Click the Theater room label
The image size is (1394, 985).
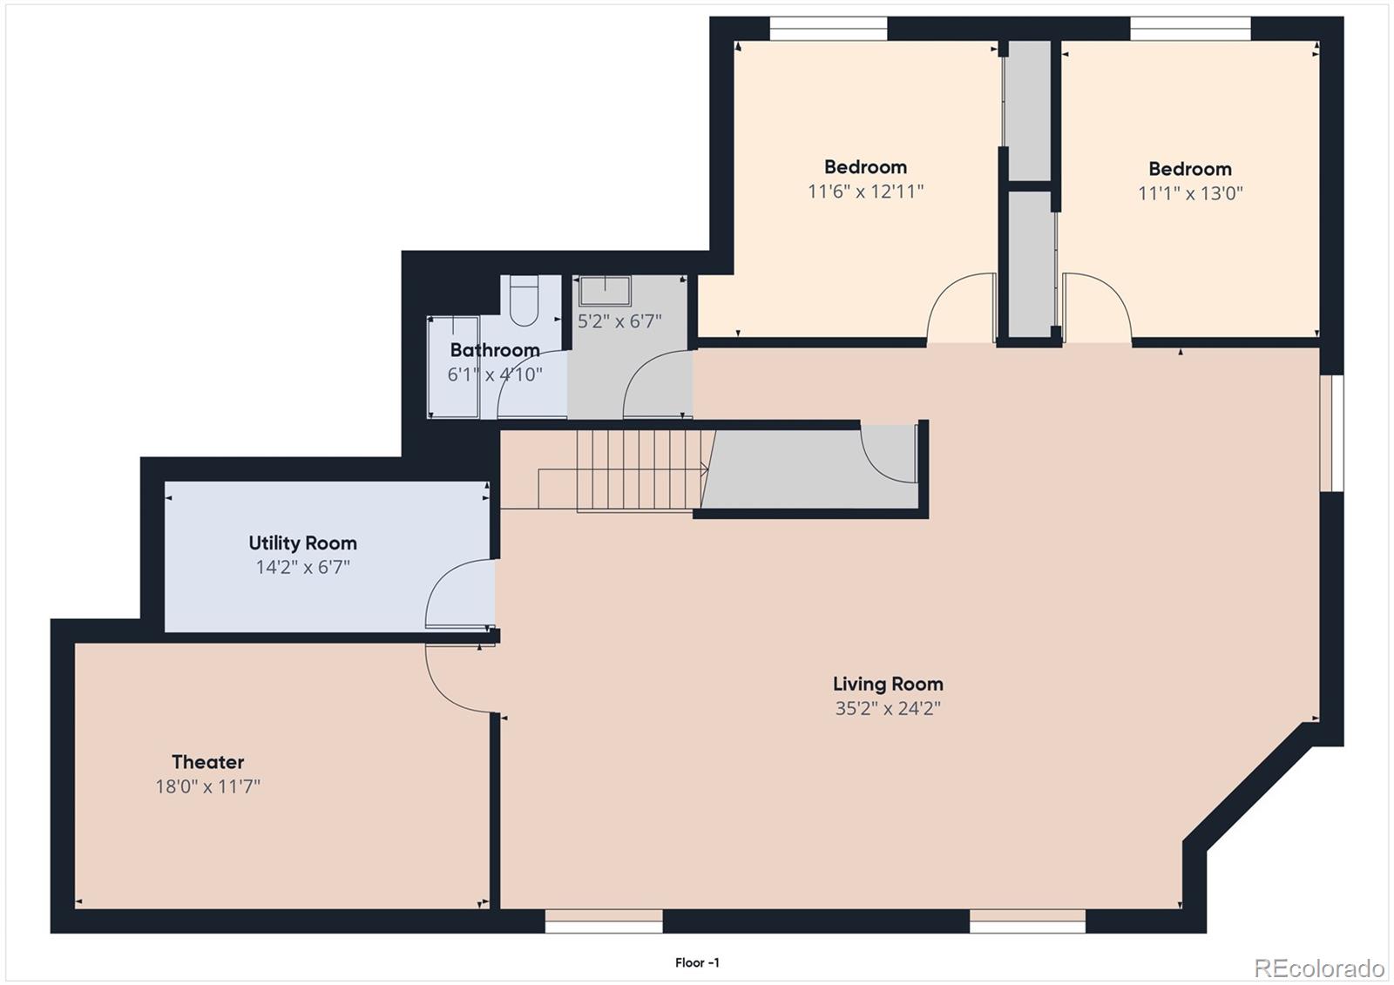[x=207, y=762]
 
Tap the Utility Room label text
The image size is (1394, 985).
[x=302, y=543]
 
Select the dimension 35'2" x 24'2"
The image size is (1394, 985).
[x=887, y=708]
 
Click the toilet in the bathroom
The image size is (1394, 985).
[x=524, y=300]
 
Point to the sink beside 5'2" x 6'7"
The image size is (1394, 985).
[x=605, y=291]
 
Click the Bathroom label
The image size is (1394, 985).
[x=494, y=350]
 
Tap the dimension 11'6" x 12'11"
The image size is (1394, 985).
[x=865, y=192]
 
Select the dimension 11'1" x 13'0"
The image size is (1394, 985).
[x=1189, y=193]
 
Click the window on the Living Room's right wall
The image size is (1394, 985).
[x=1330, y=433]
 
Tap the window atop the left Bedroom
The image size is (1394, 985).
[x=828, y=29]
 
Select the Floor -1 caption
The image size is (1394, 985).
[x=697, y=962]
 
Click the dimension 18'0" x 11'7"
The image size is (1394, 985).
[x=207, y=787]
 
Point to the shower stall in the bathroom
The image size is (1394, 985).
[x=453, y=368]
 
